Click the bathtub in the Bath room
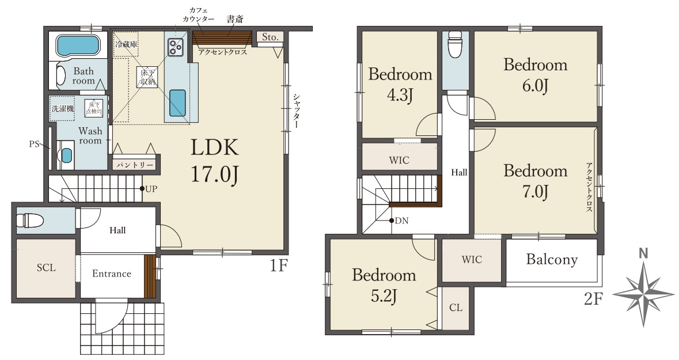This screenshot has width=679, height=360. (x=78, y=46)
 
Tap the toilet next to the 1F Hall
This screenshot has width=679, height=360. (x=29, y=221)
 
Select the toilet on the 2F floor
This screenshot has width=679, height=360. (x=455, y=44)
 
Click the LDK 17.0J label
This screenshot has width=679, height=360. (x=215, y=161)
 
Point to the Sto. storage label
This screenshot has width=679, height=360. (x=270, y=37)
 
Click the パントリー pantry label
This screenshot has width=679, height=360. (x=134, y=165)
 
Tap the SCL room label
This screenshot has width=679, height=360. (x=46, y=268)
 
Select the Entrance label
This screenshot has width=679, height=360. (x=111, y=274)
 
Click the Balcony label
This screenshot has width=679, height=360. (x=552, y=260)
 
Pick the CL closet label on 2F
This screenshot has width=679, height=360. (x=456, y=308)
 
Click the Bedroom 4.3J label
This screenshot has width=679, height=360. (x=400, y=84)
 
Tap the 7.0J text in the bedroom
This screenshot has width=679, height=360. (x=535, y=191)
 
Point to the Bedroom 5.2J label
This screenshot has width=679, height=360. (x=384, y=285)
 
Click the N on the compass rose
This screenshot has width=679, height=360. (x=643, y=253)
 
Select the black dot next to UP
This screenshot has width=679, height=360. (x=142, y=188)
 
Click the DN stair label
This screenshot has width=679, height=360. (x=402, y=221)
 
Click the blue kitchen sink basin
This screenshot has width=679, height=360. (x=177, y=102)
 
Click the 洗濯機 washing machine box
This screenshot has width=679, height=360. (x=63, y=108)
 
